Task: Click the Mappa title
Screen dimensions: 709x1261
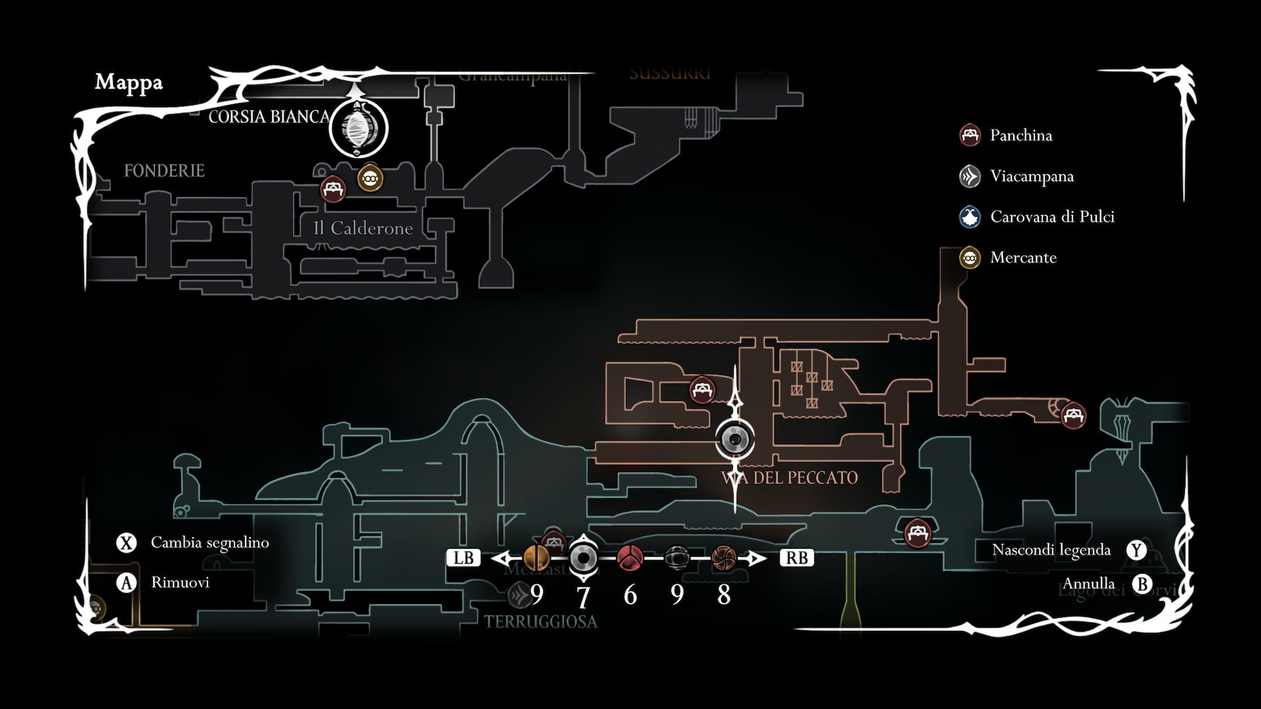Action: (129, 82)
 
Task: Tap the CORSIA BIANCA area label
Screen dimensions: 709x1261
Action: (269, 117)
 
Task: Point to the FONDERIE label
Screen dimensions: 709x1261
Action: (164, 171)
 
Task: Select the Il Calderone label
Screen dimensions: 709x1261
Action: (363, 228)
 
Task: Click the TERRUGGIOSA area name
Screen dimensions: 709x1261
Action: (541, 622)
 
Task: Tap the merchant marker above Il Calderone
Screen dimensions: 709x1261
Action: (370, 178)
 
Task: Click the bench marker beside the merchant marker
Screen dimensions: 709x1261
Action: (333, 189)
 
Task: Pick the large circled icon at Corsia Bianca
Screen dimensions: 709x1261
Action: (359, 129)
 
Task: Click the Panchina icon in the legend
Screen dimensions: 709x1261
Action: (969, 135)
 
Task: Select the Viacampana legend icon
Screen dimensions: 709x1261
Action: (969, 176)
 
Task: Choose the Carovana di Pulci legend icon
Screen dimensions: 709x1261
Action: (969, 217)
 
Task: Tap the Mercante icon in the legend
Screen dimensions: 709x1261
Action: (969, 257)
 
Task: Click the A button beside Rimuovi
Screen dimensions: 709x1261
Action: (126, 582)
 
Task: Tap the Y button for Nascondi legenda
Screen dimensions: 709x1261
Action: (1136, 550)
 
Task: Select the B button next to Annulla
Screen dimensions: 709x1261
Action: (1143, 584)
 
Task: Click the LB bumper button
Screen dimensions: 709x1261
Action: (463, 558)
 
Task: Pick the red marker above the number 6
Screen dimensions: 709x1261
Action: (630, 558)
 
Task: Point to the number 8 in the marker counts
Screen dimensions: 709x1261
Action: (724, 595)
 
